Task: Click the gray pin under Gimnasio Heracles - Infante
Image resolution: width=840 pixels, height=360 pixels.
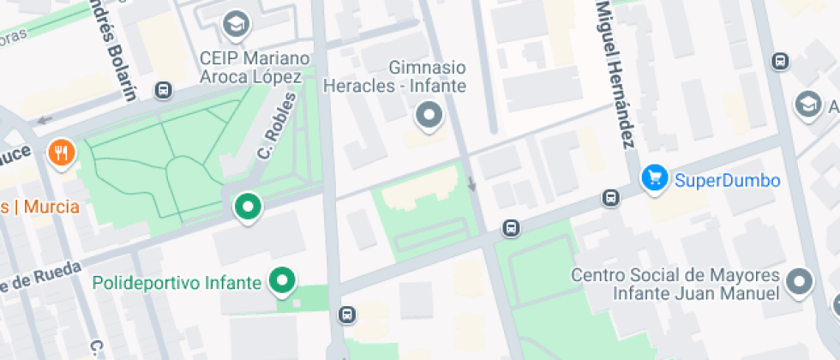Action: click(429, 115)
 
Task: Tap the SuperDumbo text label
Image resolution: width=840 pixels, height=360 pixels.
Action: click(727, 181)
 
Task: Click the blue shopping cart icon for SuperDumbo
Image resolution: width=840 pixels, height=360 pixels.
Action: click(655, 178)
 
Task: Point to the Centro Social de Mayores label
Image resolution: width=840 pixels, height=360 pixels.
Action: click(675, 284)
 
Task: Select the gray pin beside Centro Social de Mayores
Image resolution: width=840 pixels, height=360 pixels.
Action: click(800, 281)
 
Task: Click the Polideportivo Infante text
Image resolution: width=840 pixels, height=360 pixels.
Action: click(176, 282)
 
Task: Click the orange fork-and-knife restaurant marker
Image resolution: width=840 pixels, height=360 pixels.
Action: click(61, 153)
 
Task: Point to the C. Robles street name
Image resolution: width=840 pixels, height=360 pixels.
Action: click(277, 126)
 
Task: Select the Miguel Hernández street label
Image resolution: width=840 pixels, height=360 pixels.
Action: click(615, 72)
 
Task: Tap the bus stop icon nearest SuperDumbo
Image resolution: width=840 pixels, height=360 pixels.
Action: click(610, 198)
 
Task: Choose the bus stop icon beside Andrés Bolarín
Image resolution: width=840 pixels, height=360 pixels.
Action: click(163, 90)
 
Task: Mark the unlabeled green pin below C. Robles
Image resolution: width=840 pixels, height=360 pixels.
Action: click(249, 207)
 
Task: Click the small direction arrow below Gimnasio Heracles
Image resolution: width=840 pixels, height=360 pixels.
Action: click(471, 183)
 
